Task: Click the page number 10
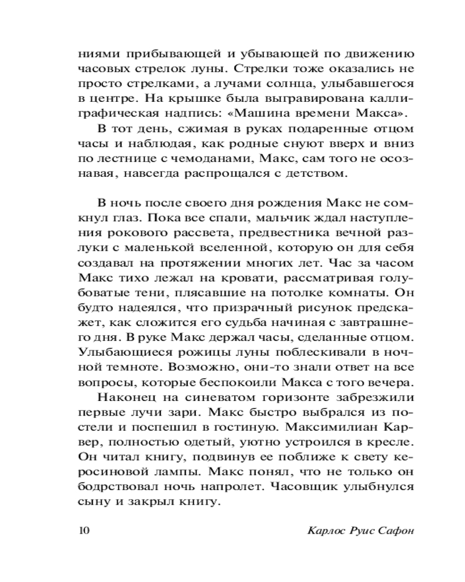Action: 81,530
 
